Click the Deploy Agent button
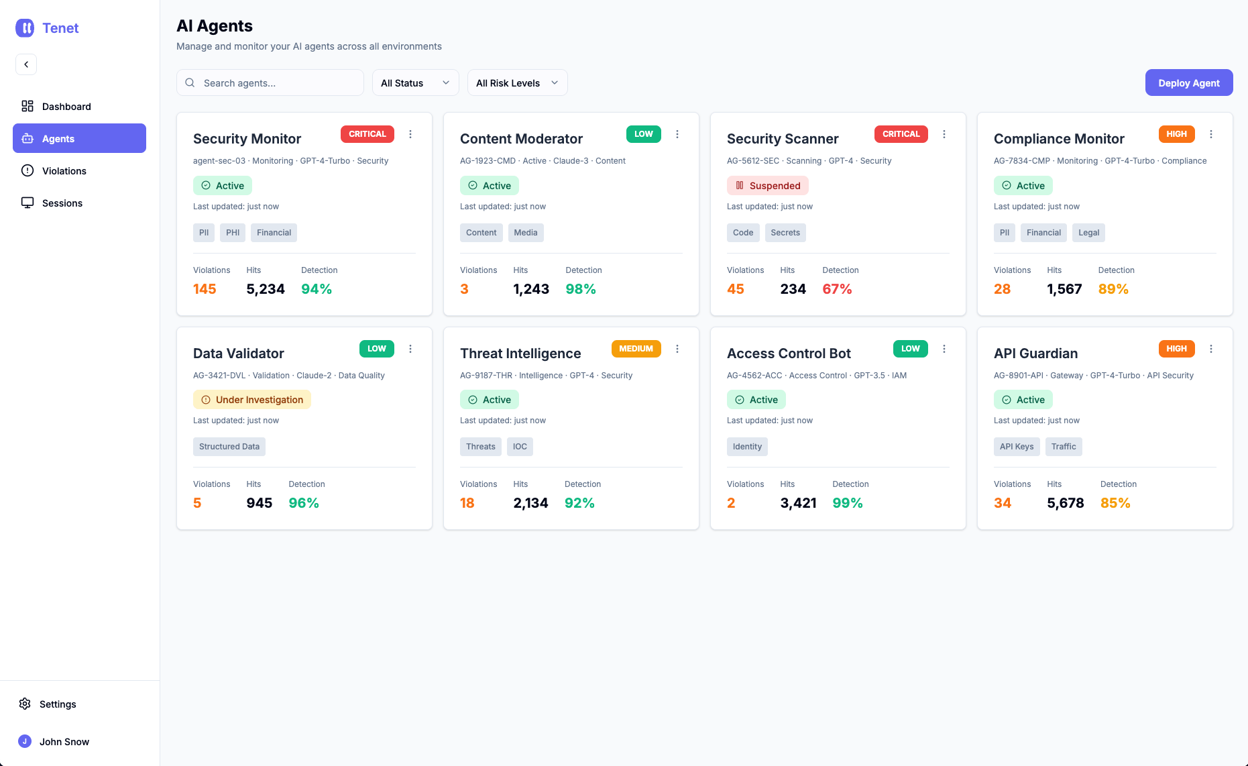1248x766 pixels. coord(1188,83)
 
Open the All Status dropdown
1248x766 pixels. coord(415,83)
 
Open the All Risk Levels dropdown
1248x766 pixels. coord(517,83)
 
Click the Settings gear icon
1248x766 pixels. coord(25,704)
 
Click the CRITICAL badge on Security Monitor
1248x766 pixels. coord(367,134)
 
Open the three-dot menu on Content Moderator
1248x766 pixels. coord(677,134)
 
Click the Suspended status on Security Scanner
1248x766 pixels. coord(768,185)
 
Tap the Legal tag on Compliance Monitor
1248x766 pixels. coord(1088,233)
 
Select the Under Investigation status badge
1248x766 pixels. coord(252,400)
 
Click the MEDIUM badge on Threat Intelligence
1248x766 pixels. coord(636,349)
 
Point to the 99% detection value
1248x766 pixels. coord(848,503)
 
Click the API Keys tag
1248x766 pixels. coord(1017,447)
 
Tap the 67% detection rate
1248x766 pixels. coord(837,289)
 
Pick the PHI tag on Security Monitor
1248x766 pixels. coord(233,233)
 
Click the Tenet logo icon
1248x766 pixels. coord(25,28)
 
